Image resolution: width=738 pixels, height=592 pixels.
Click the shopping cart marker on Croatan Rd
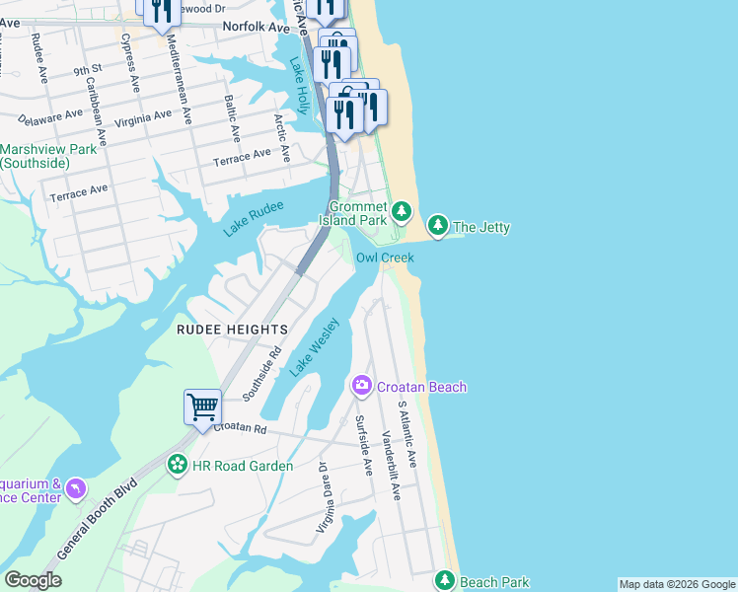pos(202,407)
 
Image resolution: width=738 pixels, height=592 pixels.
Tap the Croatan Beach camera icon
pos(362,386)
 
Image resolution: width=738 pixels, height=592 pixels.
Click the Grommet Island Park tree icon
pos(402,210)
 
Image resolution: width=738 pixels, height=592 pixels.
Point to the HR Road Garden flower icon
pos(178,465)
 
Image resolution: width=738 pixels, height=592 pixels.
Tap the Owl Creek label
pos(385,257)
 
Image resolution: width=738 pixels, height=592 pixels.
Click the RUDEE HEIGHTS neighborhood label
pos(232,329)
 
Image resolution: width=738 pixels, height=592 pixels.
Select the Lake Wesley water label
pos(315,346)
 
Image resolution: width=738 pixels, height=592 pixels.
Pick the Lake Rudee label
pos(253,218)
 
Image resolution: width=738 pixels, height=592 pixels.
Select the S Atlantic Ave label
pos(407,434)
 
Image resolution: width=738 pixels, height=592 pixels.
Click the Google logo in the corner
pos(33,580)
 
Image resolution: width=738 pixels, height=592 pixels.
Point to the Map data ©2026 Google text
pos(677,584)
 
